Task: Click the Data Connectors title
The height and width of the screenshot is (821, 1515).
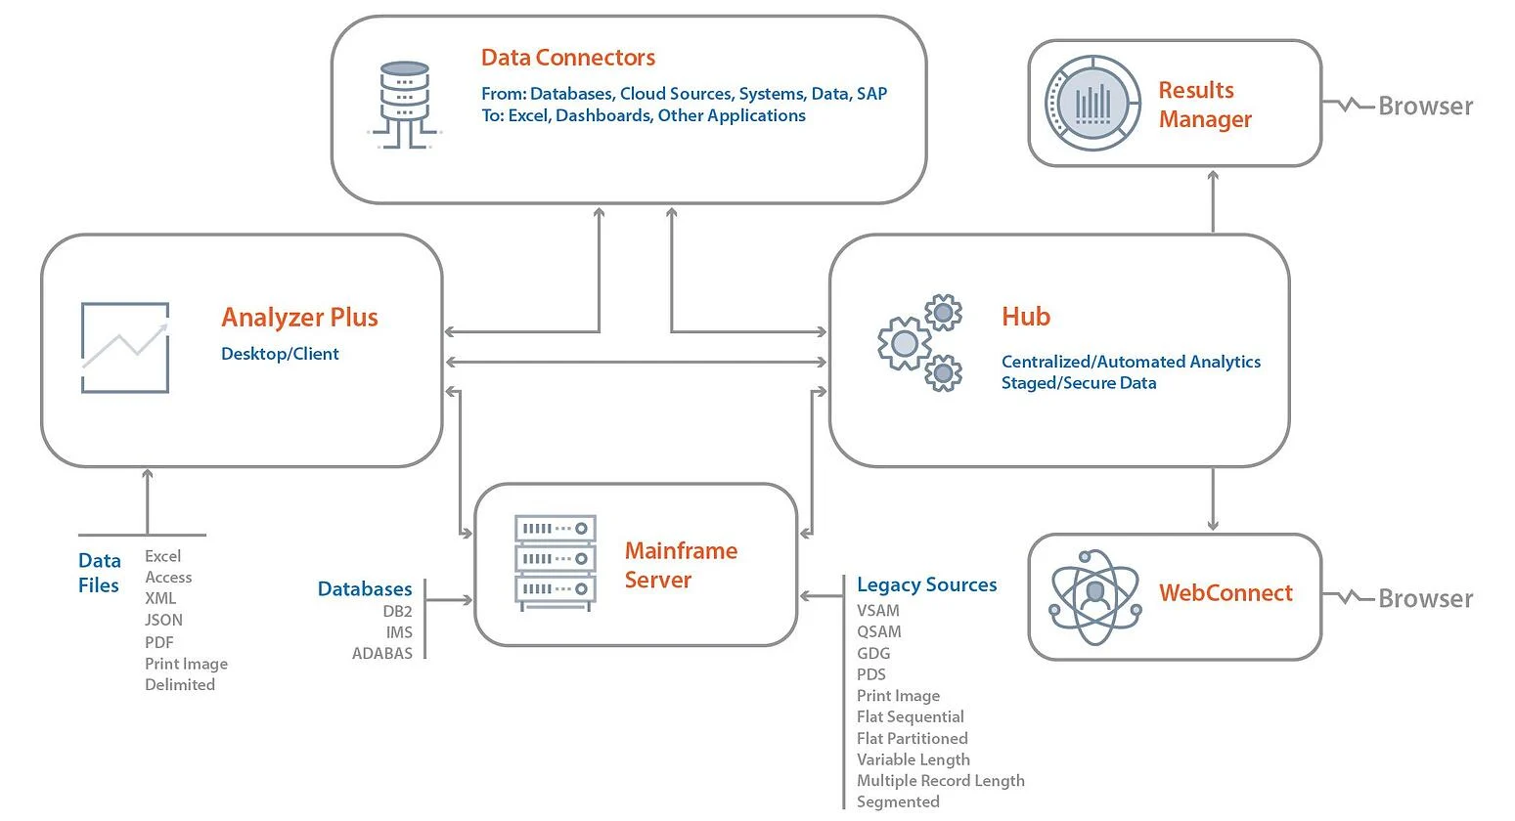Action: coord(568,58)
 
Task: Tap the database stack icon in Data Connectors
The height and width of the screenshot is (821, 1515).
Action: coord(405,105)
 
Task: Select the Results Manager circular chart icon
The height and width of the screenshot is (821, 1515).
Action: coord(1092,103)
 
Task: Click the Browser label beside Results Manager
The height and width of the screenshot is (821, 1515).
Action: coord(1426,107)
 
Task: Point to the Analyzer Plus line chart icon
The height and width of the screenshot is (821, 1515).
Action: coord(125,347)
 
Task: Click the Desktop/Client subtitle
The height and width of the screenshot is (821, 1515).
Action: coord(280,354)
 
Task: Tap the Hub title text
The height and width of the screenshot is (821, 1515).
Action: coord(1026,317)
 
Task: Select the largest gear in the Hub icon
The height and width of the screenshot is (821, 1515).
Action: coord(905,343)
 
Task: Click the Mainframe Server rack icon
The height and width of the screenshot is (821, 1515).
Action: coord(556,563)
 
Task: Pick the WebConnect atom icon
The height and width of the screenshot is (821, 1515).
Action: coord(1095,596)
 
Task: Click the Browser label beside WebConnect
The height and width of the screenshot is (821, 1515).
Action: coord(1426,599)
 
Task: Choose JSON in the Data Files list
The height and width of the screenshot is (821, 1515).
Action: coord(163,620)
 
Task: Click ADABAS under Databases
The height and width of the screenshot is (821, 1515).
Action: coord(382,654)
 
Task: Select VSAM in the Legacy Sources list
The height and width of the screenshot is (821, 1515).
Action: coord(878,610)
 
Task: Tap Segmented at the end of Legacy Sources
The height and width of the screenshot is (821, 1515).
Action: coord(898,801)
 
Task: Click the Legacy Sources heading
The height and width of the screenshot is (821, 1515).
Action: coord(926,584)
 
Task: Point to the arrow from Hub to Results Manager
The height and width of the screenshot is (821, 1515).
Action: coord(1213,202)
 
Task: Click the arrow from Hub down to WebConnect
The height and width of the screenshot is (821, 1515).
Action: coord(1213,498)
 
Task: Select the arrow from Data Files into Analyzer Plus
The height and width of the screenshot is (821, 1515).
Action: coord(148,502)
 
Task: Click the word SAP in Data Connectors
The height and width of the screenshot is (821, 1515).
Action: coord(871,93)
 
